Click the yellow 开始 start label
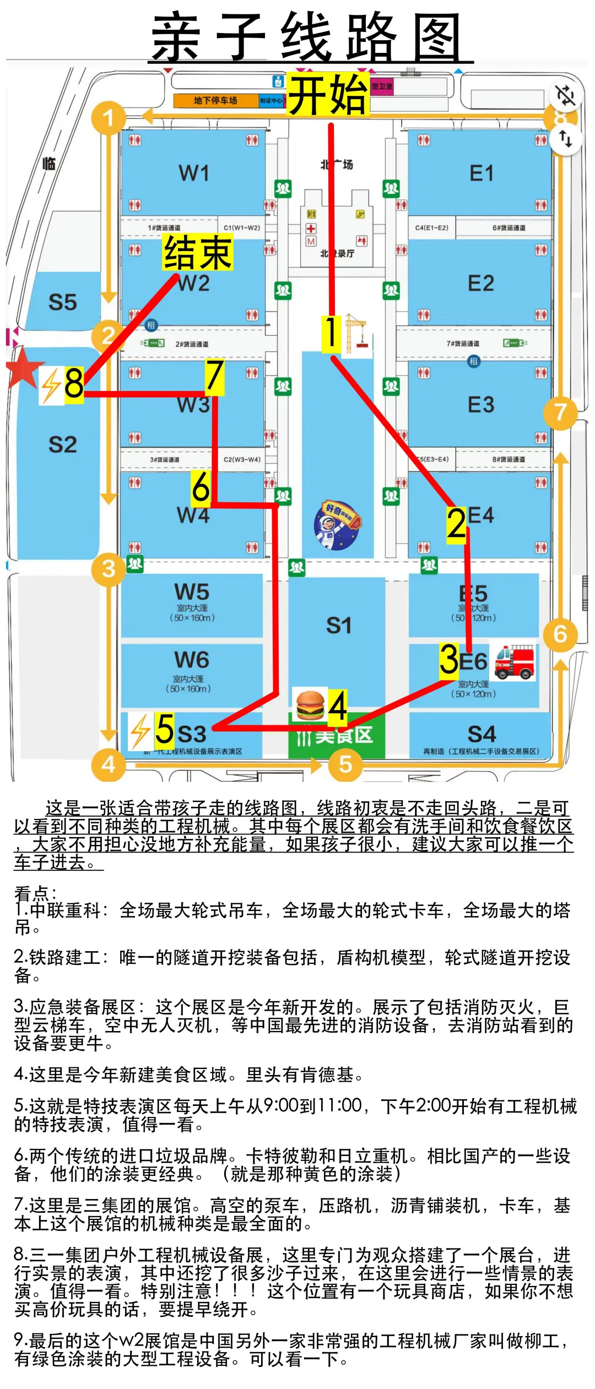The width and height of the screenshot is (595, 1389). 328,95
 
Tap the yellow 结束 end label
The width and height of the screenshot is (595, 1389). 198,252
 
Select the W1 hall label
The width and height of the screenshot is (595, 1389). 194,173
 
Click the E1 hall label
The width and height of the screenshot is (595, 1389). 481,173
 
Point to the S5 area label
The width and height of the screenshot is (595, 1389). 62,302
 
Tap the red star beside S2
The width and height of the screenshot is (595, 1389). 23,367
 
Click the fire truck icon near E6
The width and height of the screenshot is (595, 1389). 514,661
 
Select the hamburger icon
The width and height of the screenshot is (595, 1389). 310,704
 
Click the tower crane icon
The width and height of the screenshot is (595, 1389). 357,333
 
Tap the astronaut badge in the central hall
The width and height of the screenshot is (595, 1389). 337,525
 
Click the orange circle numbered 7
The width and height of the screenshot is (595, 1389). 560,412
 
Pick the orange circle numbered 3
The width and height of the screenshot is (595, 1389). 108,568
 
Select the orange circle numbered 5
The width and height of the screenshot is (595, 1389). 345,764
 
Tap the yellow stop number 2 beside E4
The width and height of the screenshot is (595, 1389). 456,524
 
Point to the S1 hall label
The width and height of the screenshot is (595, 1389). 338,626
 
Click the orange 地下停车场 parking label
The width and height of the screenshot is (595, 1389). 215,101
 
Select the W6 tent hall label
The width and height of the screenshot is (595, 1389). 191,660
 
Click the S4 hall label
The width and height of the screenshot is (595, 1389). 482,734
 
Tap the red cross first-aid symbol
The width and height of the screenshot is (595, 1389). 311,228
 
